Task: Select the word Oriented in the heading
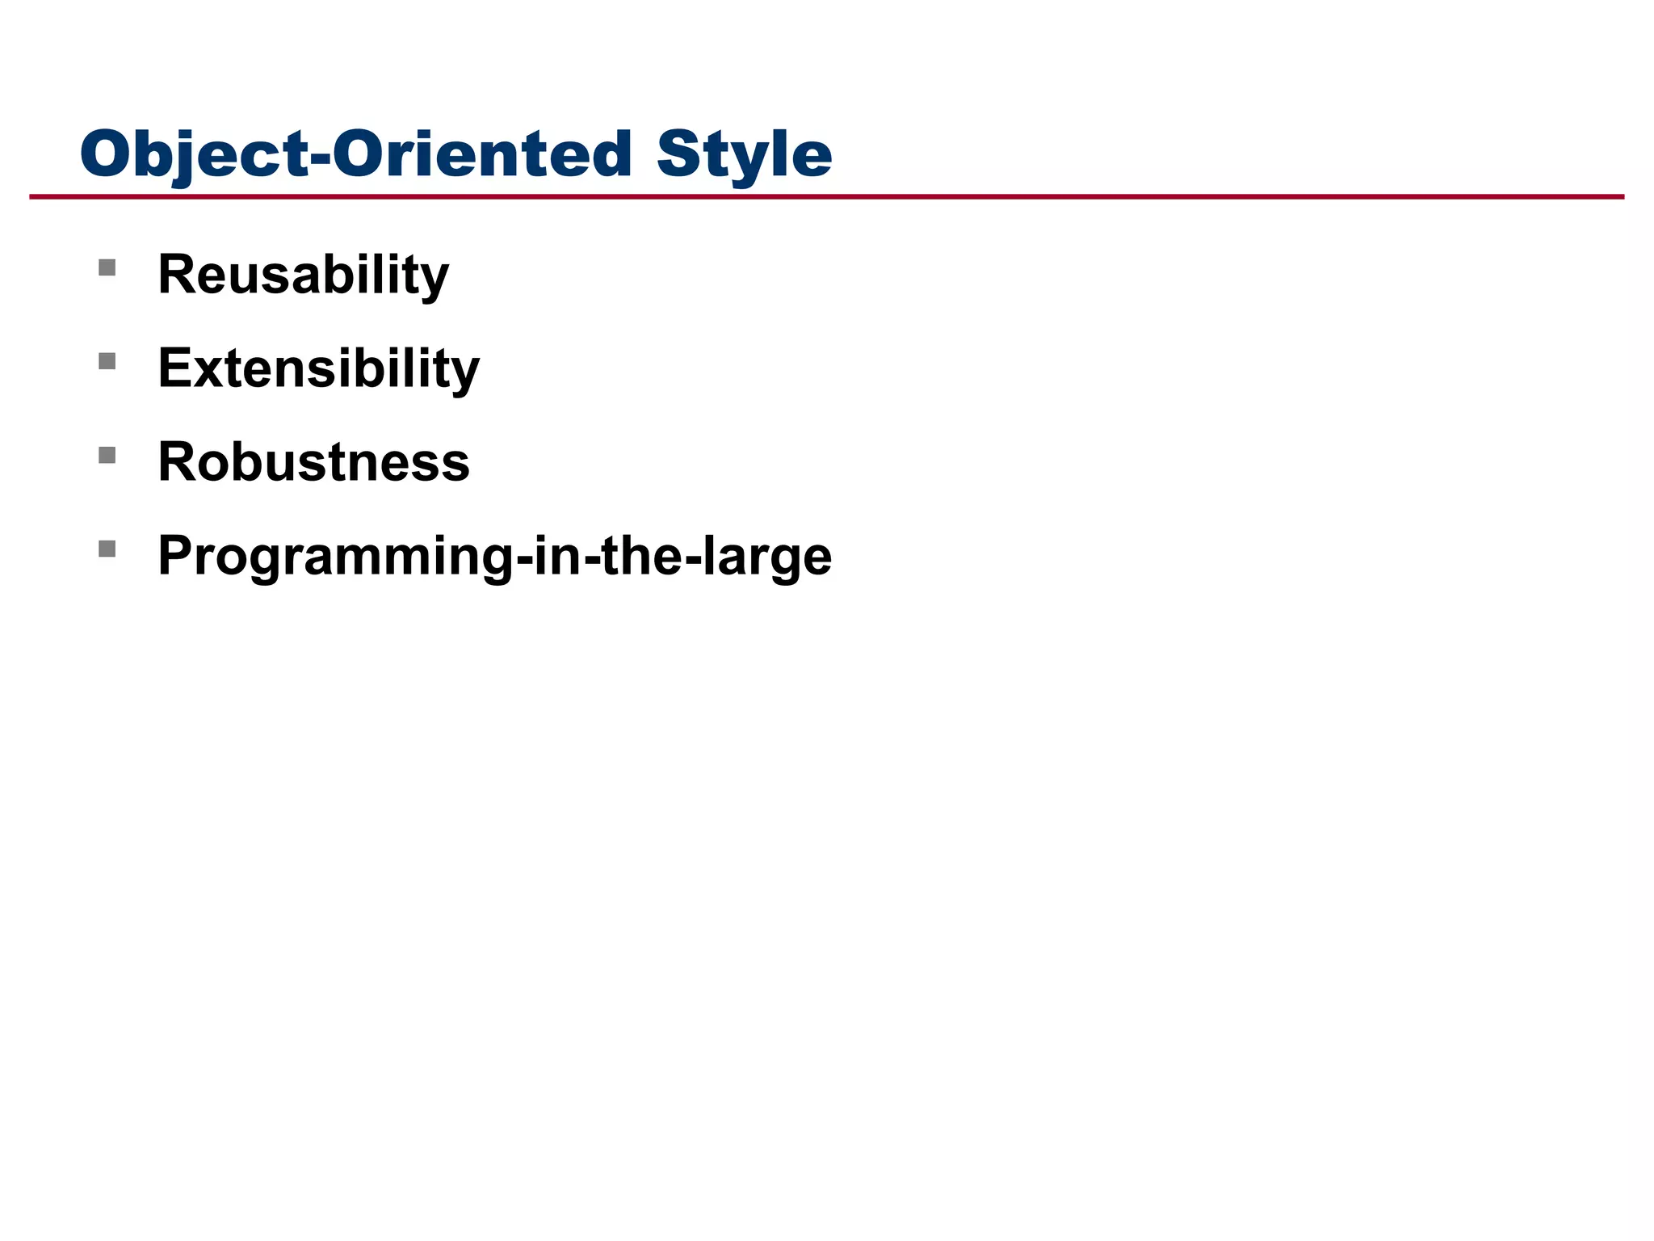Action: (482, 154)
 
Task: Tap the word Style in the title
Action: (744, 154)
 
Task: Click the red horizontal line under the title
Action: (827, 196)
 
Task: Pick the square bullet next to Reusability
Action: (107, 267)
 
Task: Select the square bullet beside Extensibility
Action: (107, 361)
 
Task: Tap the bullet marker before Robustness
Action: (107, 455)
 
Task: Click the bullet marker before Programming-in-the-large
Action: (107, 549)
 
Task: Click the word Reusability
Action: (303, 275)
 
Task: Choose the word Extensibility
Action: (318, 368)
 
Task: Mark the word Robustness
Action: (313, 462)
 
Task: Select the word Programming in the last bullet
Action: (335, 557)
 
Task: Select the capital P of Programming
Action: (175, 556)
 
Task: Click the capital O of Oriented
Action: (357, 154)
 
